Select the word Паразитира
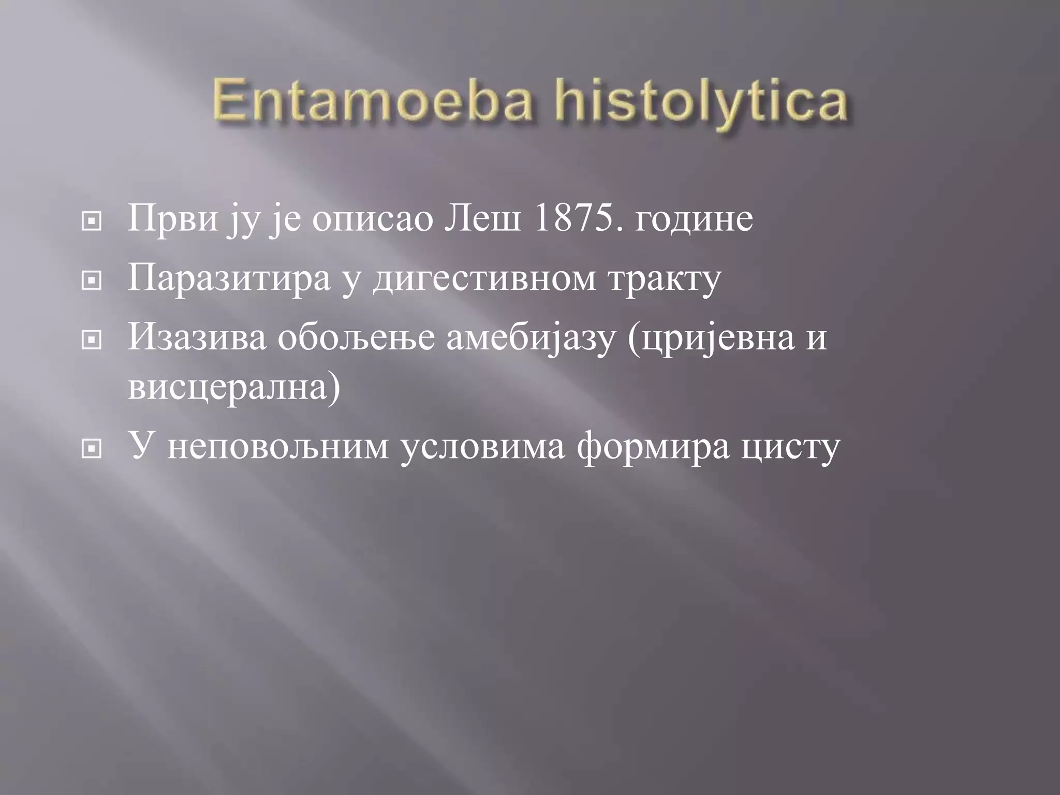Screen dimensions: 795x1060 pyautogui.click(x=229, y=278)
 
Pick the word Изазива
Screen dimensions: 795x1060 pyautogui.click(x=197, y=337)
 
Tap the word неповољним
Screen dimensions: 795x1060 pyautogui.click(x=278, y=447)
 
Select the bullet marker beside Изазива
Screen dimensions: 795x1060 pyautogui.click(x=92, y=340)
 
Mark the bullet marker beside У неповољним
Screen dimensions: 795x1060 pyautogui.click(x=92, y=449)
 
